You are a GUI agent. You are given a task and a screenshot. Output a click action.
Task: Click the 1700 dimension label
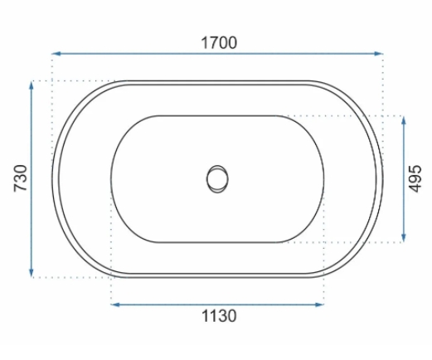[x=219, y=43]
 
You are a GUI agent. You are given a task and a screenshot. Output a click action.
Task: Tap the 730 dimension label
[x=21, y=178]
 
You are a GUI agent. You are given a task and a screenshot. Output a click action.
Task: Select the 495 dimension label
[x=415, y=178]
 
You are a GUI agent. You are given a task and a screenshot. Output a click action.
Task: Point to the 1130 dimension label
[x=219, y=316]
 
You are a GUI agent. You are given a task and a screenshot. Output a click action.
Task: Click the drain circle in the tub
[x=217, y=179]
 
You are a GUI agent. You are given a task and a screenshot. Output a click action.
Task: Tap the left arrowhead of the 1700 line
[x=56, y=54]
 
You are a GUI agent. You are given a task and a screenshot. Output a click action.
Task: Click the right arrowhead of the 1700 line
[x=378, y=54]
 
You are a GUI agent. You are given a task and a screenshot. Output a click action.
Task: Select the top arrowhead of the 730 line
[x=32, y=85]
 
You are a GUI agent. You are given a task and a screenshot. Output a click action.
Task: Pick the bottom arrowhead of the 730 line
[x=32, y=272]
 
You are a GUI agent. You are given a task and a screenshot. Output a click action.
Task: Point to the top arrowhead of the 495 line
[x=404, y=121]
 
